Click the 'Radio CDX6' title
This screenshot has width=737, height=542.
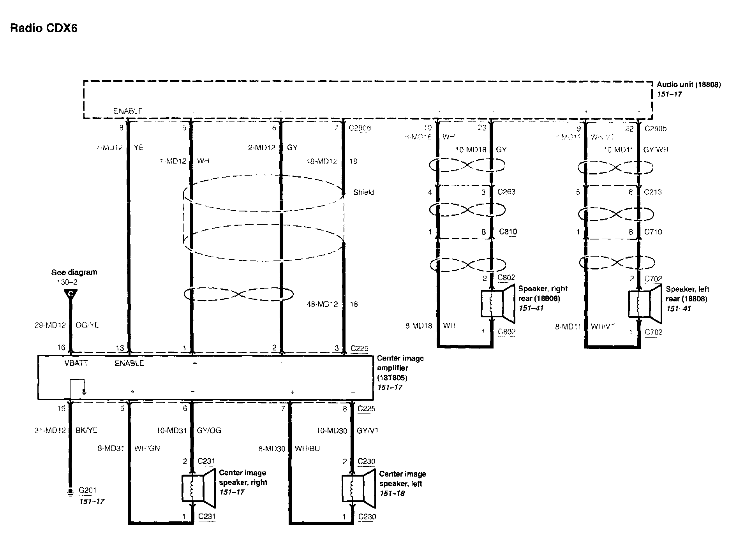[x=44, y=28]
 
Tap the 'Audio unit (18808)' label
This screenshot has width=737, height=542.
[x=689, y=84]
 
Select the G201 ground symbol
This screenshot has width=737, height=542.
[x=71, y=493]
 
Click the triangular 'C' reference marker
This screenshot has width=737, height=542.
[x=71, y=294]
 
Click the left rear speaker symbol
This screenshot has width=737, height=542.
[x=645, y=304]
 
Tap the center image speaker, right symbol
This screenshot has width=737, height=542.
[x=198, y=488]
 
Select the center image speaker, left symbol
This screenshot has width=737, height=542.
[x=358, y=489]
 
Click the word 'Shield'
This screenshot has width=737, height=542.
[x=363, y=192]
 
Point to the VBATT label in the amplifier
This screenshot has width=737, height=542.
[x=76, y=363]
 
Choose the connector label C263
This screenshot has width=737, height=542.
[x=506, y=192]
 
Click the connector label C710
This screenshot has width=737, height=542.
[x=653, y=232]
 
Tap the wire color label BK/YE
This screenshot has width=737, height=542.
[x=86, y=430]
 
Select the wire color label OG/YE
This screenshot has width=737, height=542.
[x=87, y=325]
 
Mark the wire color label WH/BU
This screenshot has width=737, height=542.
[x=307, y=449]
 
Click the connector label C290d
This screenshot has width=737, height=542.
[x=360, y=128]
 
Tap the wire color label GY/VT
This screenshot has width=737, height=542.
[x=368, y=431]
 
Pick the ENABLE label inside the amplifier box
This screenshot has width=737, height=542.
[x=129, y=363]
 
